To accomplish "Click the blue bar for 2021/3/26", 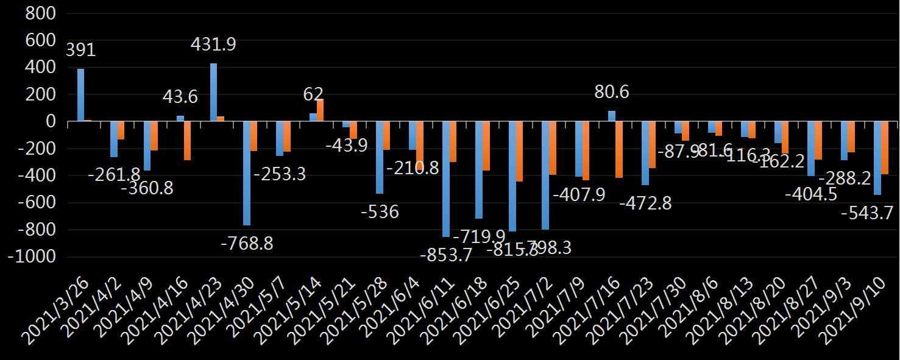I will click(x=80, y=95).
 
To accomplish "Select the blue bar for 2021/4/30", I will click(x=247, y=174).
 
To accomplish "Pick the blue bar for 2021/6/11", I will click(x=446, y=179).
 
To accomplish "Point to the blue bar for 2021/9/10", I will click(x=877, y=158).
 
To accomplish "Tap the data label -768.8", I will click(x=246, y=244).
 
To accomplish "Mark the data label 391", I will click(x=80, y=50).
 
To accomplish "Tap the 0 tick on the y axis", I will click(x=51, y=122).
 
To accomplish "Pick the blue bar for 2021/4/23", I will click(x=213, y=92).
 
